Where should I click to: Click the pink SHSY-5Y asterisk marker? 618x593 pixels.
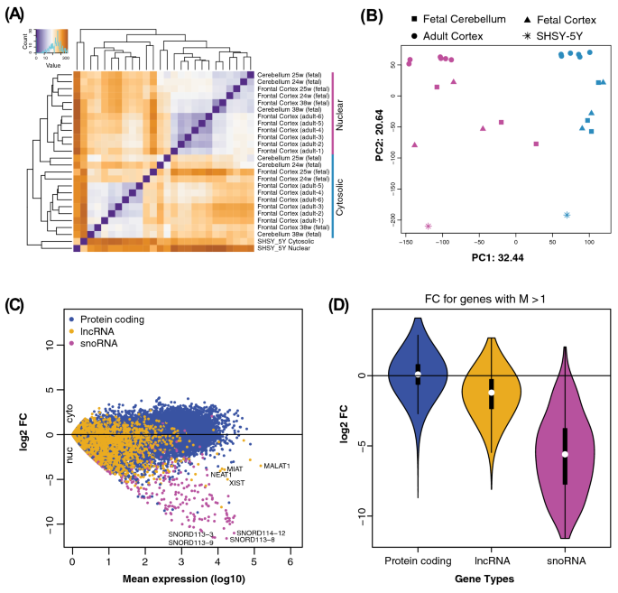(428, 226)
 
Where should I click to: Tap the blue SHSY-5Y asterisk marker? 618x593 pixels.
(567, 215)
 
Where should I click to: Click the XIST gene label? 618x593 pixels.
(236, 483)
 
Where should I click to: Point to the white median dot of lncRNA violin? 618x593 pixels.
(492, 393)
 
